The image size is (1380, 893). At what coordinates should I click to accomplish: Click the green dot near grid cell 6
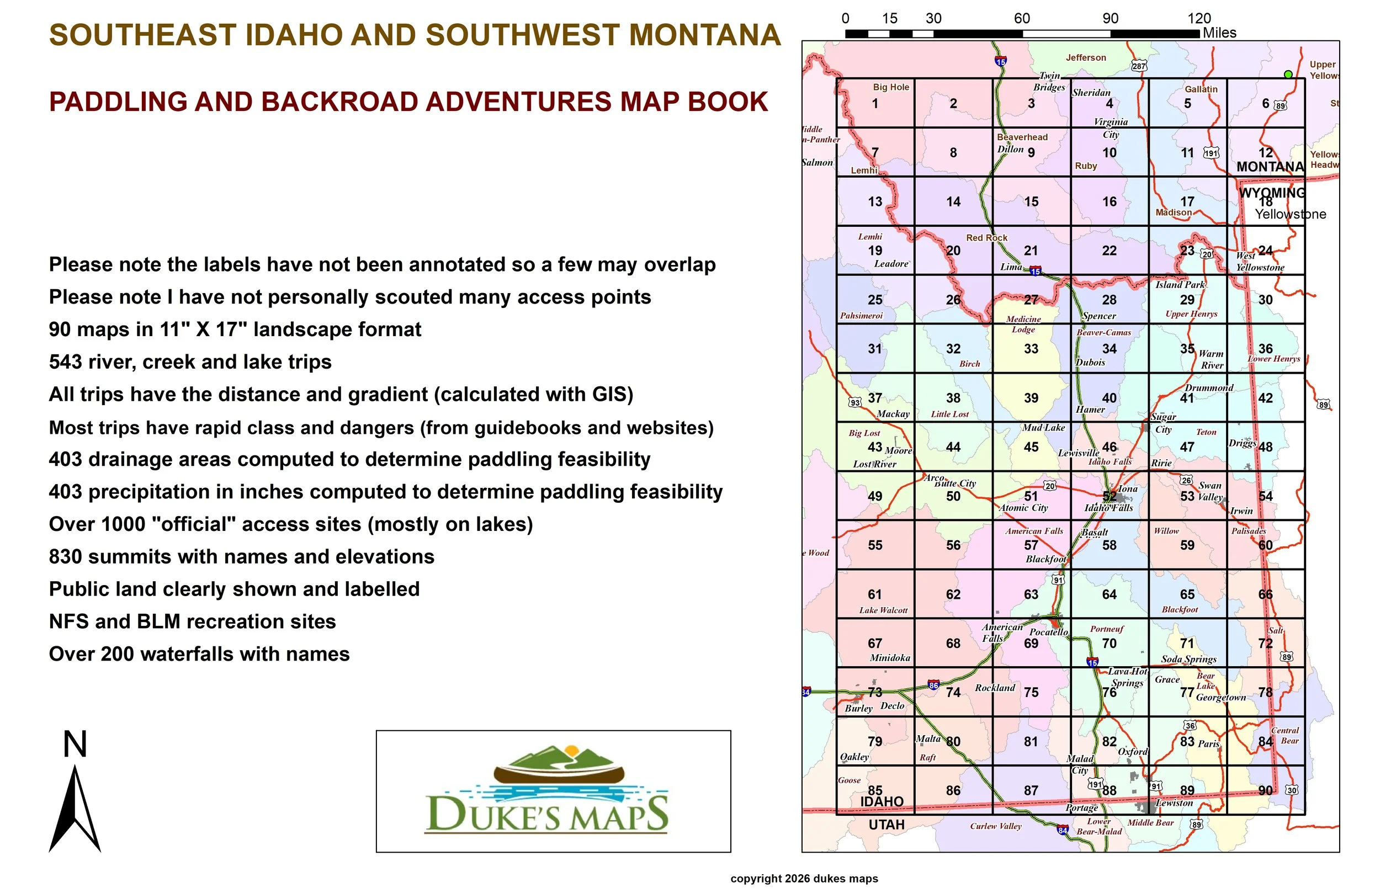coord(1288,74)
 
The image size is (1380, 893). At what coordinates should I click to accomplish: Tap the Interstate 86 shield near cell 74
coord(933,685)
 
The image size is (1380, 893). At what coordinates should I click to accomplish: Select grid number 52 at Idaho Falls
coord(1108,496)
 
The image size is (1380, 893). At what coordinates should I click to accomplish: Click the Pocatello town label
coord(1048,632)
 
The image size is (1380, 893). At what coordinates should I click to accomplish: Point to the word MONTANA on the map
coord(1270,167)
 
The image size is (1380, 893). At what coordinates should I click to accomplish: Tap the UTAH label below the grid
coord(886,825)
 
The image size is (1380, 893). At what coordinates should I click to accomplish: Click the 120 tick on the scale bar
coord(1199,19)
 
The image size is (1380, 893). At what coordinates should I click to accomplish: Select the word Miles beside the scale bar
coord(1219,33)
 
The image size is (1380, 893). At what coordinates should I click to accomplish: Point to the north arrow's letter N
coord(75,745)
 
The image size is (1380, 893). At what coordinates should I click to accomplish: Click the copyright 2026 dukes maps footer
coord(804,879)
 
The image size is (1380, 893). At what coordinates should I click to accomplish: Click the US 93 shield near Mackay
coord(854,402)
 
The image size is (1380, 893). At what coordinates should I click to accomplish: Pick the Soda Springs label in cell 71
coord(1188,660)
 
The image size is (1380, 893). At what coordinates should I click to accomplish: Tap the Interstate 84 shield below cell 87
coord(1062,831)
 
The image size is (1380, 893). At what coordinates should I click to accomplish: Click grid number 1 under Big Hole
coord(875,104)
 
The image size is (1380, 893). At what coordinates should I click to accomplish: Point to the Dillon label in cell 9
coord(1010,149)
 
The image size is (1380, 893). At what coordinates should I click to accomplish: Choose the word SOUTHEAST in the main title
coord(142,35)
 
